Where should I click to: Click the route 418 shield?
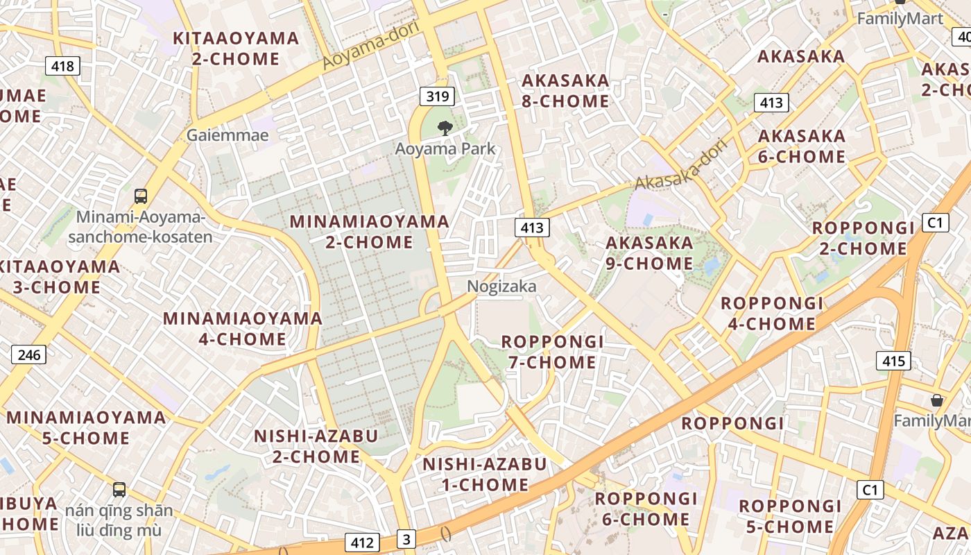[62, 67]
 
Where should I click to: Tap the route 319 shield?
[437, 96]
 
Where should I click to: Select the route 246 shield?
[28, 355]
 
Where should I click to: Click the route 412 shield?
[361, 543]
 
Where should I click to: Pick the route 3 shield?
[406, 539]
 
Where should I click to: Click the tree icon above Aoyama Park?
[445, 127]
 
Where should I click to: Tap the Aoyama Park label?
[445, 148]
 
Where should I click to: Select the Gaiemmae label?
[227, 135]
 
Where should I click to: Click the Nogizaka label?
[501, 287]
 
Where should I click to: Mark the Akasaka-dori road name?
[680, 165]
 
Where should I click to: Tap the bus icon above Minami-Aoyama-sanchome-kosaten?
[141, 196]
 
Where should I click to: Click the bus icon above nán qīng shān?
[119, 490]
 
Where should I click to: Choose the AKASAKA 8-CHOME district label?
[565, 91]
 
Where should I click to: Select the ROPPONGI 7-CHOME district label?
[552, 352]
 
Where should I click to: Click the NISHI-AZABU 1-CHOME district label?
[485, 474]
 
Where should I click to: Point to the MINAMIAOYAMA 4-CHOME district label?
[242, 329]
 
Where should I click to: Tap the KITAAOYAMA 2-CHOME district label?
[236, 49]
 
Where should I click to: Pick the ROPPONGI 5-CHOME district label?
[790, 516]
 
